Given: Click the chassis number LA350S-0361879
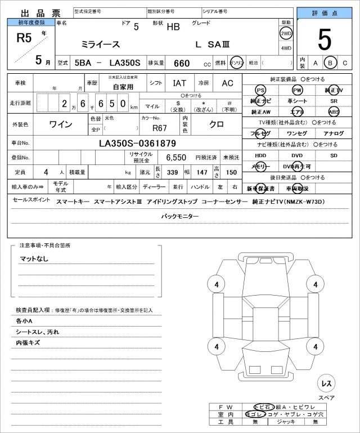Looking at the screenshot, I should pos(138,143).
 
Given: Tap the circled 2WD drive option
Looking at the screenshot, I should pos(286,33).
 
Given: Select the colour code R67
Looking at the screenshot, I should pos(160,127).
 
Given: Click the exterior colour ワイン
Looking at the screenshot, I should pos(64,123).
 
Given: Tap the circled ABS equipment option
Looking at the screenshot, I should pos(334,111).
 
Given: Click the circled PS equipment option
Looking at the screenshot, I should pos(260,90).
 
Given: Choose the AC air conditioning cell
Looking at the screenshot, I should pos(227,83).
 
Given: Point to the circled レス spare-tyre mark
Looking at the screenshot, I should pos(326,383).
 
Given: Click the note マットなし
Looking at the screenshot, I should pos(34,258).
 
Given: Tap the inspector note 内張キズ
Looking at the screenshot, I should pos(28,342).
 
